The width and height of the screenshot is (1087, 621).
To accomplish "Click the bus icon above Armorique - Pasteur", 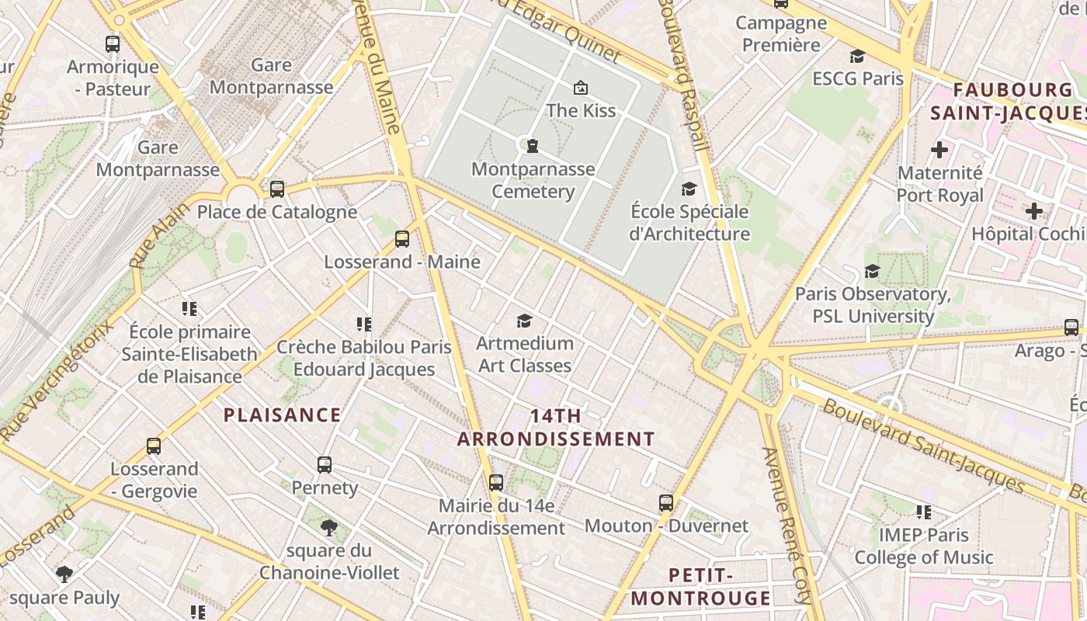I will point(113,44).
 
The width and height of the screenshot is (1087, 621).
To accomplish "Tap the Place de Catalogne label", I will point(277,212).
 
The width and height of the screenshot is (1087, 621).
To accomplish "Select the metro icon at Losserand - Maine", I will point(401,239).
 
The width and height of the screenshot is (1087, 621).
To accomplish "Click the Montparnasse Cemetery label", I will point(533,180).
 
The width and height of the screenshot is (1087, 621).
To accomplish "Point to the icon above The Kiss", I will point(580,88).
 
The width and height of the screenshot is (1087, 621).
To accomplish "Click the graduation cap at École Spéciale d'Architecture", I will point(689,189).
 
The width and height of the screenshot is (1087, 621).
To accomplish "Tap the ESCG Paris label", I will point(858,78).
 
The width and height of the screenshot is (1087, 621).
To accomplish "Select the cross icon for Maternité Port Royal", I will point(939,149).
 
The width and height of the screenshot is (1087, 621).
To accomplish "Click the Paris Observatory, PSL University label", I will point(873,305).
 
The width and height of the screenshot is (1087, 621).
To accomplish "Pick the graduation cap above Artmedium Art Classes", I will point(525,321).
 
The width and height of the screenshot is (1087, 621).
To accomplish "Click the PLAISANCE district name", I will point(283,415).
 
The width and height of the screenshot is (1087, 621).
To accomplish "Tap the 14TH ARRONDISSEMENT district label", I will point(556,428).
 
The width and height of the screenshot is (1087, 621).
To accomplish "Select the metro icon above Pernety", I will point(325,465).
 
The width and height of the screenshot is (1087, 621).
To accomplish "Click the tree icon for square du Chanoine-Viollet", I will point(329,529).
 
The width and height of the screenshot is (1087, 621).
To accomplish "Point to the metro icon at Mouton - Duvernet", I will point(666,503).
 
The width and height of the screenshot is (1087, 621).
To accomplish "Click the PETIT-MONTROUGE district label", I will point(700,587).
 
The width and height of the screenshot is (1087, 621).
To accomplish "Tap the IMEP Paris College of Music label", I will point(924,546).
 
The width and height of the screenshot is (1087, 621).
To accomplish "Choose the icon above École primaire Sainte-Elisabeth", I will point(189,309).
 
